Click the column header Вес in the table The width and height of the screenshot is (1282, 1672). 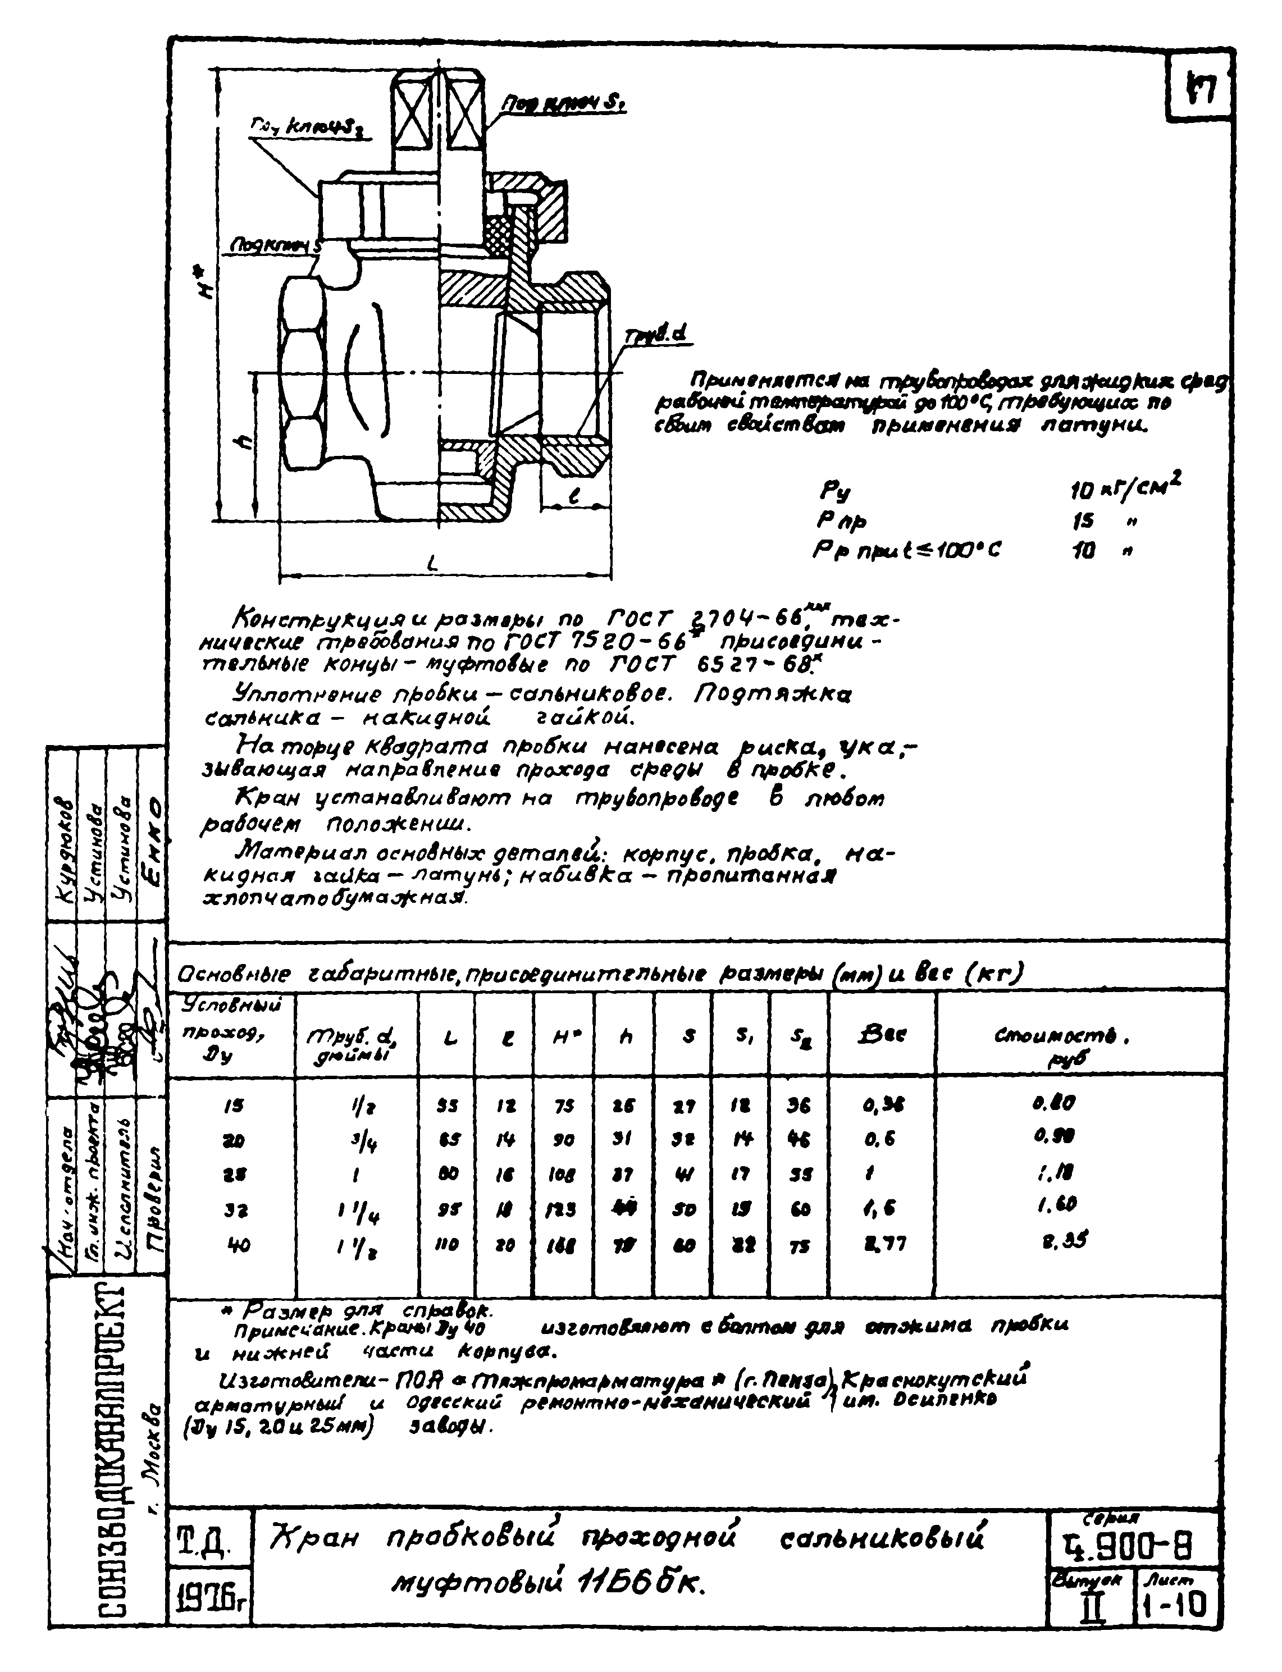[882, 1035]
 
